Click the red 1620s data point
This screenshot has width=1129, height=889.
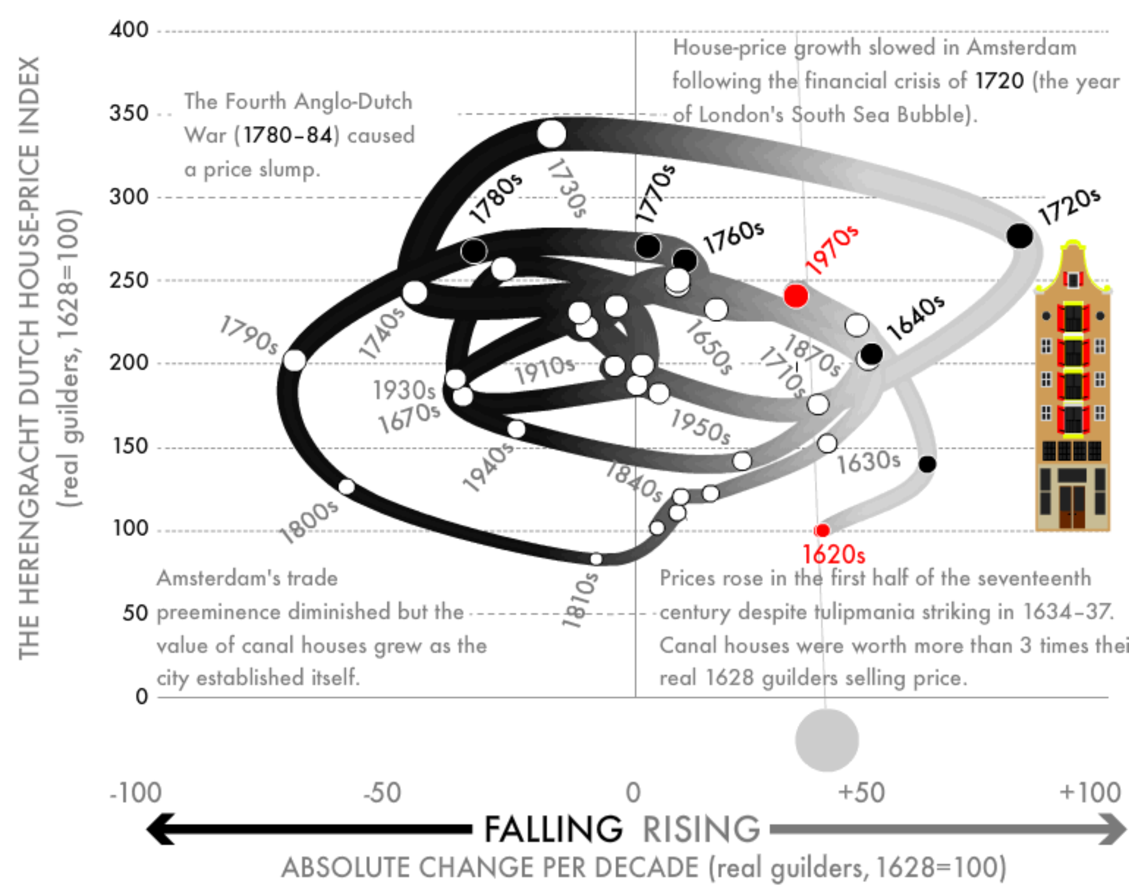pos(822,530)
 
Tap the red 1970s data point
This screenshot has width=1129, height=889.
pos(796,296)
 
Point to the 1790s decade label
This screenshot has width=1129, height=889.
pos(249,335)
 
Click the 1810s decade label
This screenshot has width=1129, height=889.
pos(580,600)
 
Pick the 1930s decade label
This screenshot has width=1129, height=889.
pos(404,390)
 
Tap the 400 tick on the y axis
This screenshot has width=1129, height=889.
pos(129,30)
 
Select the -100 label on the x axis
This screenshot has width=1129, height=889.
pos(135,793)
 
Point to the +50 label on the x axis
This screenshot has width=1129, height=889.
pos(861,793)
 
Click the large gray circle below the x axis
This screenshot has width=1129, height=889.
pos(827,740)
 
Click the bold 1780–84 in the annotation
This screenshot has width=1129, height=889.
pos(287,135)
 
